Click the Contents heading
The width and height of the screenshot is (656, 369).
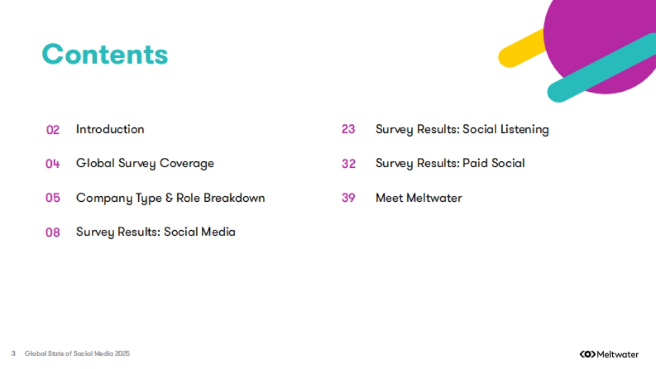coord(105,54)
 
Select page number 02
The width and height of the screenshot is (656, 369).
coord(53,130)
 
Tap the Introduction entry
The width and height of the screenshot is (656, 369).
coord(110,129)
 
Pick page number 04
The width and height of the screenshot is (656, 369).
coord(52,163)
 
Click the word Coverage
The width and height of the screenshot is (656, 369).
coord(187,163)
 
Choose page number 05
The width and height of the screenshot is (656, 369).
coord(52,198)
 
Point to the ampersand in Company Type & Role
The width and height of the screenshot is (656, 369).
coord(169,198)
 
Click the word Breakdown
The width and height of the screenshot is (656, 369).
coord(235,198)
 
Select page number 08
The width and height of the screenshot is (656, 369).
coord(52,232)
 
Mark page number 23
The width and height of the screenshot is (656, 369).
coord(348,129)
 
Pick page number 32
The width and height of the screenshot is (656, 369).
coord(349,163)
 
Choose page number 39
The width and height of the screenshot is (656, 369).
coord(348,198)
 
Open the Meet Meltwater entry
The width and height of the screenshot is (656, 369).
coord(419,198)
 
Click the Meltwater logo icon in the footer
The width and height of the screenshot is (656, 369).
coord(588,354)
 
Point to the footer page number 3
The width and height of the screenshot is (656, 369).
coord(13,354)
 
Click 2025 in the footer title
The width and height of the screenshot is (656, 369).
coord(122,354)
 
